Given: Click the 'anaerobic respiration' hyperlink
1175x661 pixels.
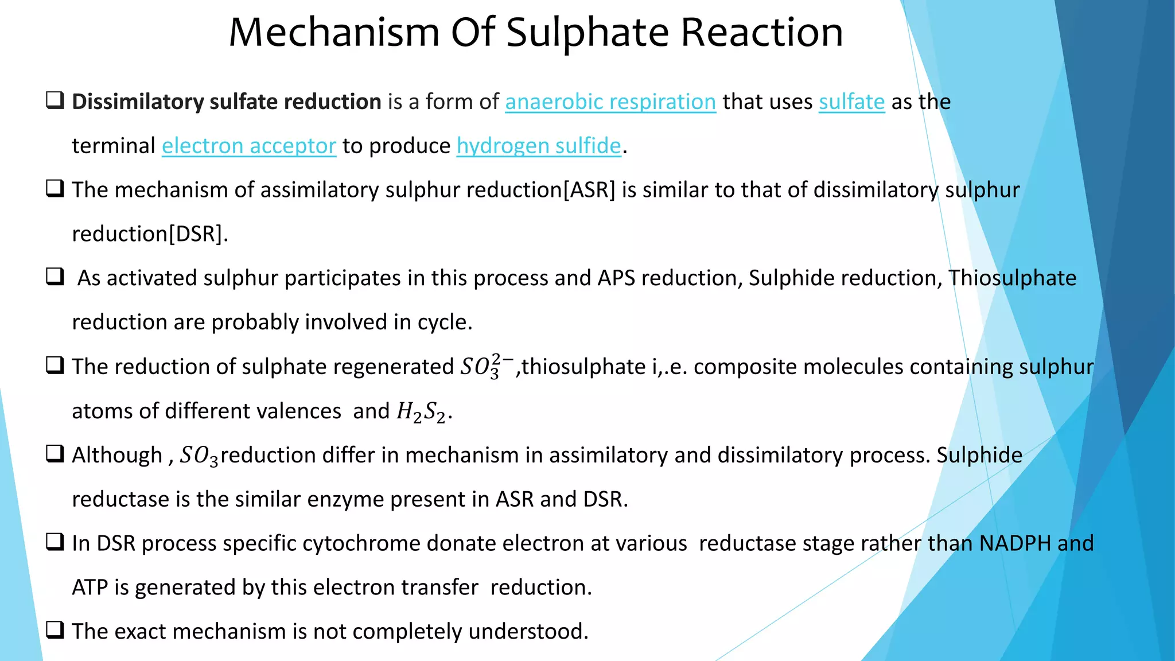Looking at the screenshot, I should coord(610,102).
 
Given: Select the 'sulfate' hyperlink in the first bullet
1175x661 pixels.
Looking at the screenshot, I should coord(851,102).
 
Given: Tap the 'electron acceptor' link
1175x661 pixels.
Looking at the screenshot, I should coord(248,146).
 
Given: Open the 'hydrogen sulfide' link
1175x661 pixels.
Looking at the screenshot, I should coord(539,146).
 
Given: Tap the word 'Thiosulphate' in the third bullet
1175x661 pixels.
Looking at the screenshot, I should coord(1012,278).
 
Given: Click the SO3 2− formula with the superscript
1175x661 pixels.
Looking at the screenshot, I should coord(487,367).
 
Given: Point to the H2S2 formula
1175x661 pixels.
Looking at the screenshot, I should coord(421,411).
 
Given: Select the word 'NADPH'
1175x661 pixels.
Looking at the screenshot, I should coord(1015,543).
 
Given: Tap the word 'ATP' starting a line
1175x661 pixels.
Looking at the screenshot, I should coord(90,588).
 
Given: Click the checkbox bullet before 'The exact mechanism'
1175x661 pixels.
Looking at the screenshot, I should coord(55,630).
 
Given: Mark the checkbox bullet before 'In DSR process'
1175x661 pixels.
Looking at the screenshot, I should coord(55,542).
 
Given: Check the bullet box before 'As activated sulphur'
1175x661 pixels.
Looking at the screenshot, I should coord(55,277).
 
